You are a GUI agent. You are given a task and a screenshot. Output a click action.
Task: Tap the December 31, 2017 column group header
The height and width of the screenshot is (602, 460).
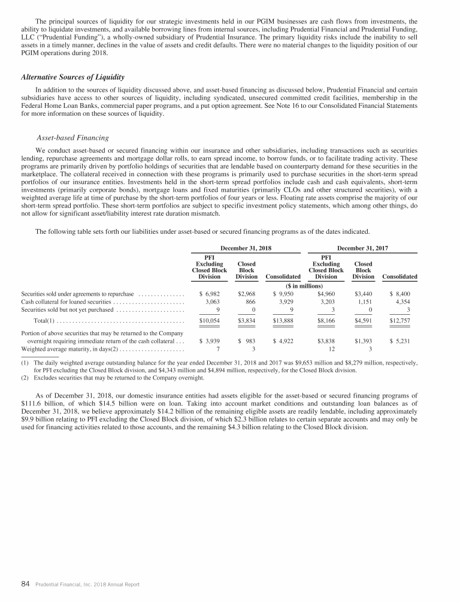[362, 248]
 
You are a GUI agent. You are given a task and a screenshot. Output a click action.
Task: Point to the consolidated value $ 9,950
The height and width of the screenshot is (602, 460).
[283, 294]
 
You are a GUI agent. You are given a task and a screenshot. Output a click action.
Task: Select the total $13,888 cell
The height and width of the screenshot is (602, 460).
[283, 321]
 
